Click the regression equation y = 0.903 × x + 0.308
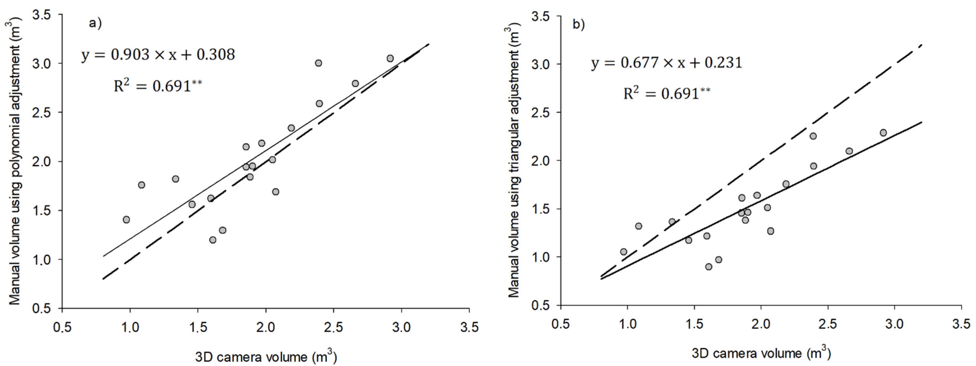(158, 55)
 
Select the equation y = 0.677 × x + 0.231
(666, 63)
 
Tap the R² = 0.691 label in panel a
(158, 86)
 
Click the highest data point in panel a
(390, 58)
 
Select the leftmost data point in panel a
(126, 220)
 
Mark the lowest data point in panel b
(708, 267)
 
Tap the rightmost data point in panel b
(883, 133)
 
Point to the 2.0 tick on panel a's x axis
(266, 327)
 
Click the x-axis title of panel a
(266, 357)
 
